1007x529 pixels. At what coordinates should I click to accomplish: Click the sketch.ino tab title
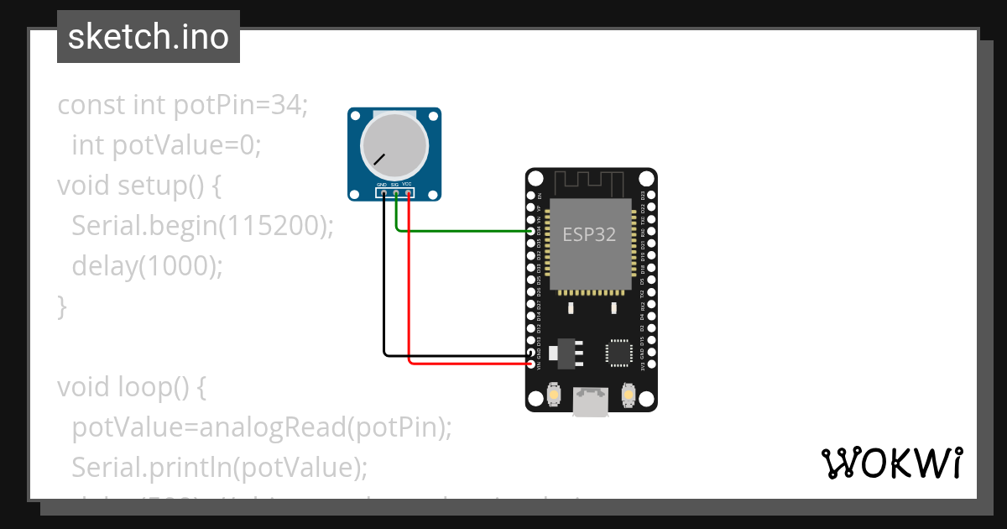[x=148, y=37]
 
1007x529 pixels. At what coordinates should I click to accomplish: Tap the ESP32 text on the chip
[x=589, y=235]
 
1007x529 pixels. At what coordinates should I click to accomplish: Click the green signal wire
[x=462, y=231]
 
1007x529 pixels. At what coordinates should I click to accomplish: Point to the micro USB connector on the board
[x=591, y=401]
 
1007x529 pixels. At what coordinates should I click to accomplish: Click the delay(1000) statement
[x=148, y=266]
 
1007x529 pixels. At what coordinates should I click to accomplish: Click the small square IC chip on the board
[x=619, y=354]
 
